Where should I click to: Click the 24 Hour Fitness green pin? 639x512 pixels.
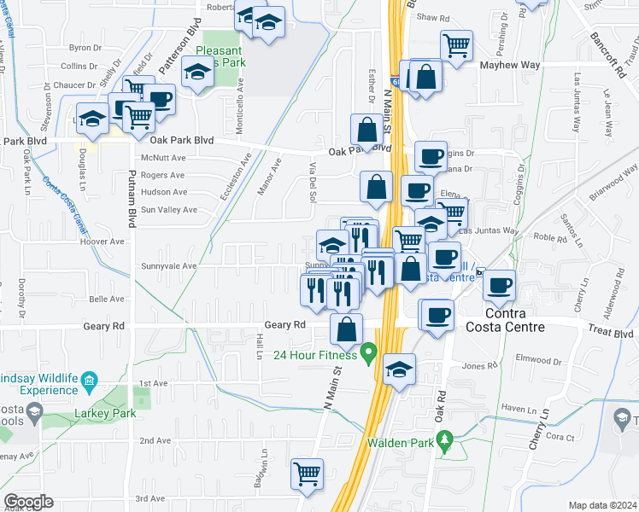click(x=369, y=351)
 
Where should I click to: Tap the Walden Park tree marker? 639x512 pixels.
click(x=443, y=439)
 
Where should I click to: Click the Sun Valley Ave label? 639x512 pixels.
click(x=169, y=210)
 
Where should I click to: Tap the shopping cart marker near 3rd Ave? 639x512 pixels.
click(x=308, y=473)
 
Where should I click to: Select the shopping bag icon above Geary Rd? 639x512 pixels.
click(x=347, y=329)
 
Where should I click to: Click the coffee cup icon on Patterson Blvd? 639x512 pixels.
click(x=159, y=98)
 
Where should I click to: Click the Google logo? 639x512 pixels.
click(x=29, y=502)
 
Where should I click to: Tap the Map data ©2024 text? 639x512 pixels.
click(x=602, y=505)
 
